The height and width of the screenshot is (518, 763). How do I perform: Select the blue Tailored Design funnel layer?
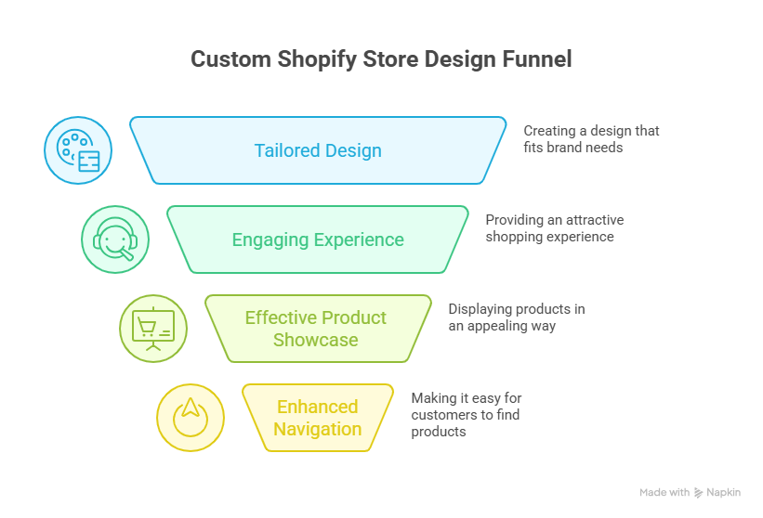coord(318,150)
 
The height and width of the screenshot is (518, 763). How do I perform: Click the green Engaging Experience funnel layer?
coord(318,240)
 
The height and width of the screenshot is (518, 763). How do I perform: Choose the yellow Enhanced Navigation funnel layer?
coord(318,418)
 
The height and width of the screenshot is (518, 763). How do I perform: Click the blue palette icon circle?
coord(78,150)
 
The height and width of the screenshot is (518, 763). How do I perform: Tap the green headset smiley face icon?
coord(115,240)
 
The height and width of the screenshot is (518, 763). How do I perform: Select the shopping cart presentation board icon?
coord(153,329)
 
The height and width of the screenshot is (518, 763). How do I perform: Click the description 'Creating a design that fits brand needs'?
coord(591,138)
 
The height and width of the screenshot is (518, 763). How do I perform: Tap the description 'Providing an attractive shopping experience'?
coord(554,228)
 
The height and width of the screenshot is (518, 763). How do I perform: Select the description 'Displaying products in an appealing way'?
coord(516,317)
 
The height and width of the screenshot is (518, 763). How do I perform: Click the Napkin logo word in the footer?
coord(724,492)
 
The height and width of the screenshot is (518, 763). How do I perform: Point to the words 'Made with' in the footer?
coord(664,492)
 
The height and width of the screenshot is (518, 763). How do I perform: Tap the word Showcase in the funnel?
coord(316,340)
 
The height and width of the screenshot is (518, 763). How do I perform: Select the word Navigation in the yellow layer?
coord(318,429)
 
